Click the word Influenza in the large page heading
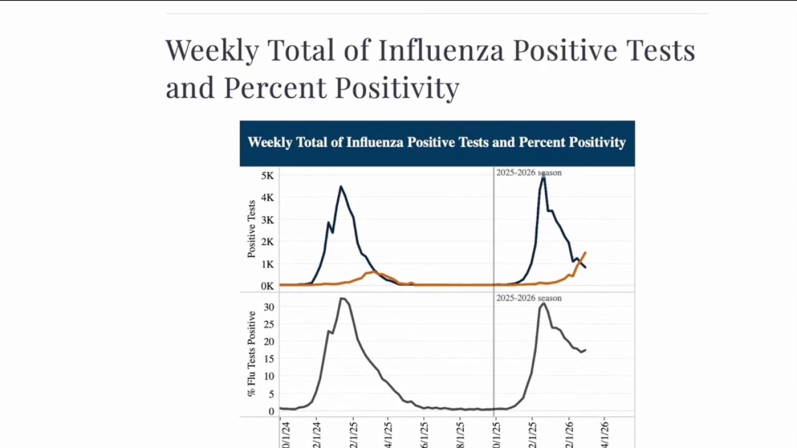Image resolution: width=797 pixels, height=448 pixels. click(441, 50)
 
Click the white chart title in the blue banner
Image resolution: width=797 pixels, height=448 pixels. click(436, 142)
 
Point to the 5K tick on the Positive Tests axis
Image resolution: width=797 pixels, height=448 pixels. click(267, 176)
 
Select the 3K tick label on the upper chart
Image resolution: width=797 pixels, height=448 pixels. click(267, 220)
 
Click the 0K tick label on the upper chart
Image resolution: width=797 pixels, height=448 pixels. click(267, 286)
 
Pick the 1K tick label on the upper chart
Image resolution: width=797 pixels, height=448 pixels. click(267, 264)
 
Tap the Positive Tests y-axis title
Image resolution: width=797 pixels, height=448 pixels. click(252, 228)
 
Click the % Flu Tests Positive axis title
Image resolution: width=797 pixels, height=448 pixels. click(252, 353)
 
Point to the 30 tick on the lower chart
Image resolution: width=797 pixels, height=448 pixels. click(268, 307)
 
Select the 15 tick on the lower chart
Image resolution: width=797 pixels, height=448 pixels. click(268, 359)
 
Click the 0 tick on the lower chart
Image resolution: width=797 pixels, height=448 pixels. click(271, 411)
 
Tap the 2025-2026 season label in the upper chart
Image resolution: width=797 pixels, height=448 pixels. click(529, 172)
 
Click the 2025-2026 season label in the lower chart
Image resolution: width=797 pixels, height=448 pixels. click(529, 298)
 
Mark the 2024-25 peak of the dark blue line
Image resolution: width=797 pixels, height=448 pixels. click(341, 187)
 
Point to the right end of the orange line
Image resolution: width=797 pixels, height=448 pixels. click(585, 253)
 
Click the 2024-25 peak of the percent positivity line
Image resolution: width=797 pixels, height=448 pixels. click(342, 299)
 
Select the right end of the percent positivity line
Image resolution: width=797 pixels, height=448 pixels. click(585, 350)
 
